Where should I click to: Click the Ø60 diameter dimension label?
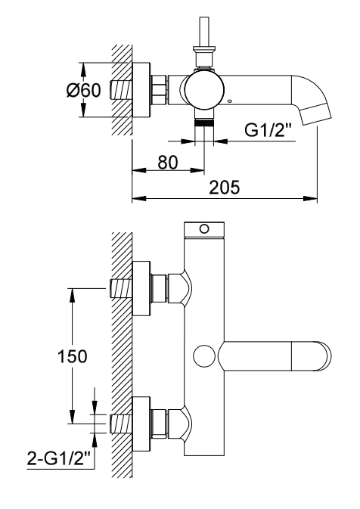coord(83,90)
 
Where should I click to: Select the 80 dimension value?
coord(168,163)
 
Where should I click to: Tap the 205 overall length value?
coord(224,188)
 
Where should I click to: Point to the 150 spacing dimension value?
coord(73,356)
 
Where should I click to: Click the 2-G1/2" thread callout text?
coord(58,460)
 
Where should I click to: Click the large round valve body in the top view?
coord(204,90)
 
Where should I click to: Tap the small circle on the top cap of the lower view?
coord(204,229)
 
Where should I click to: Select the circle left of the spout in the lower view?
coord(204,355)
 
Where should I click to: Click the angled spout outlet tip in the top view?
coord(315,113)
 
